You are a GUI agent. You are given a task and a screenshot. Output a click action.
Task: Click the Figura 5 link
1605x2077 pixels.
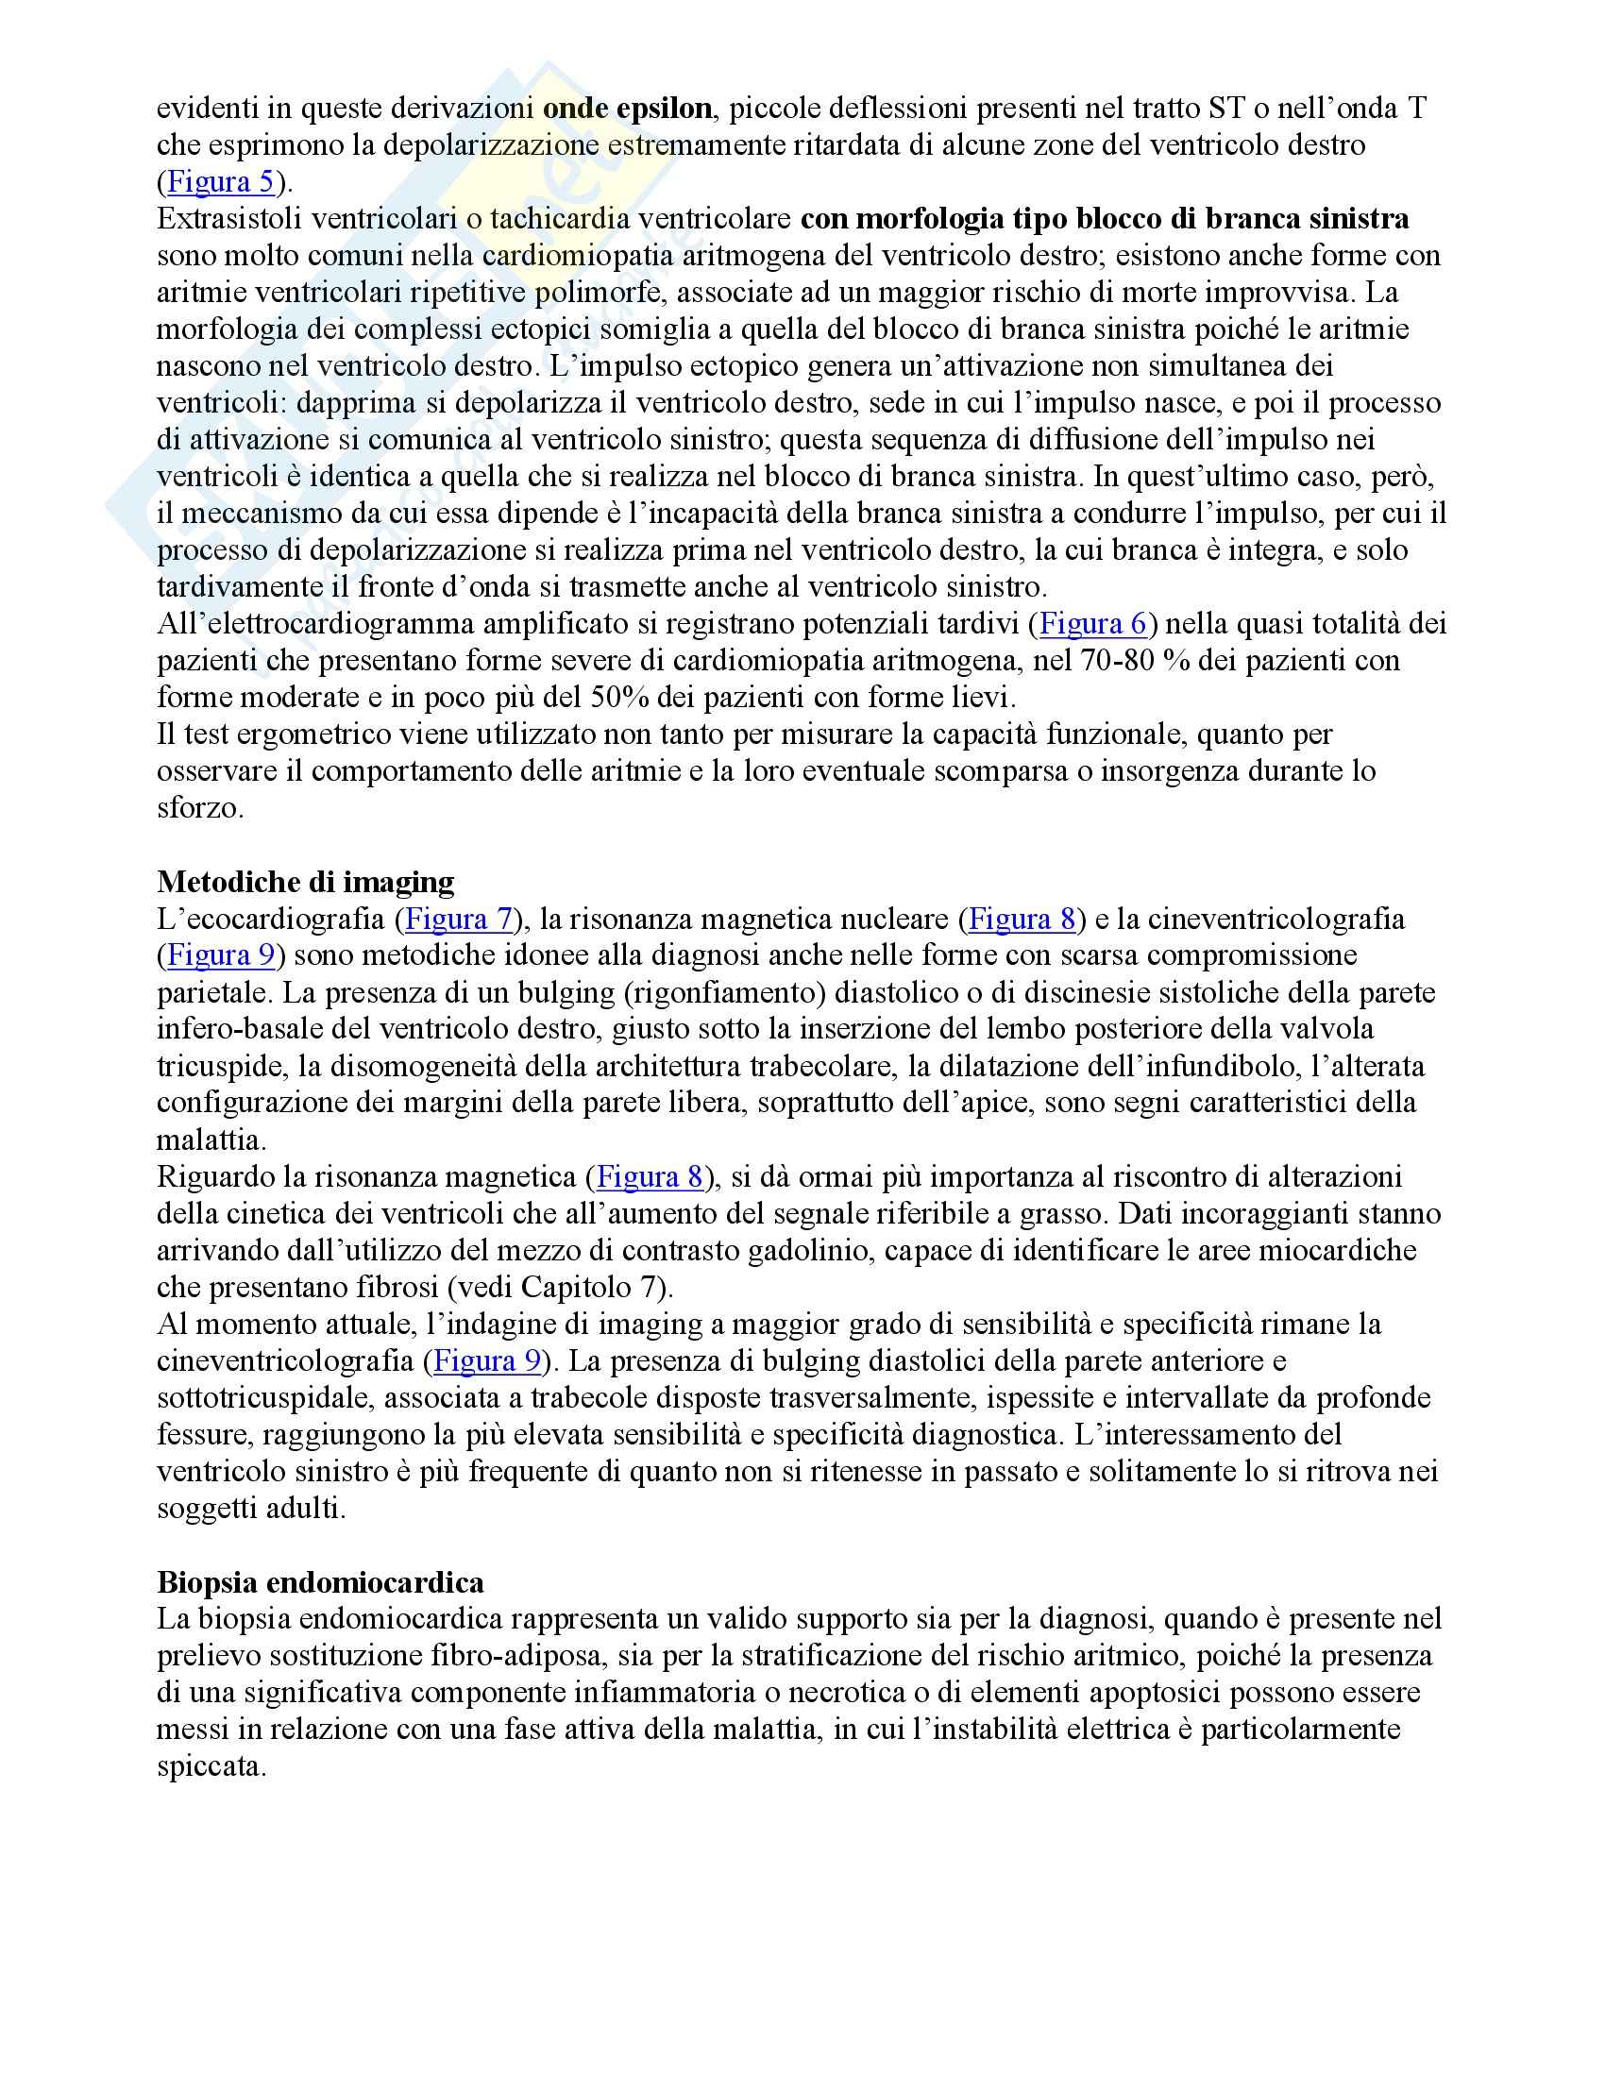tap(221, 181)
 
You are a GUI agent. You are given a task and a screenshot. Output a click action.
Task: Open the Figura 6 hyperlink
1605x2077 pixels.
tap(1092, 624)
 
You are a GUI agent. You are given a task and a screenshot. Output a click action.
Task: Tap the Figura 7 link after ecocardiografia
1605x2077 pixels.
tap(459, 919)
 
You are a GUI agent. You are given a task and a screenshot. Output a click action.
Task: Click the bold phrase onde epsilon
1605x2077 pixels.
tap(627, 109)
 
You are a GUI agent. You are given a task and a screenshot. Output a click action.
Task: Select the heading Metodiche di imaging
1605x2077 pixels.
tap(305, 882)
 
